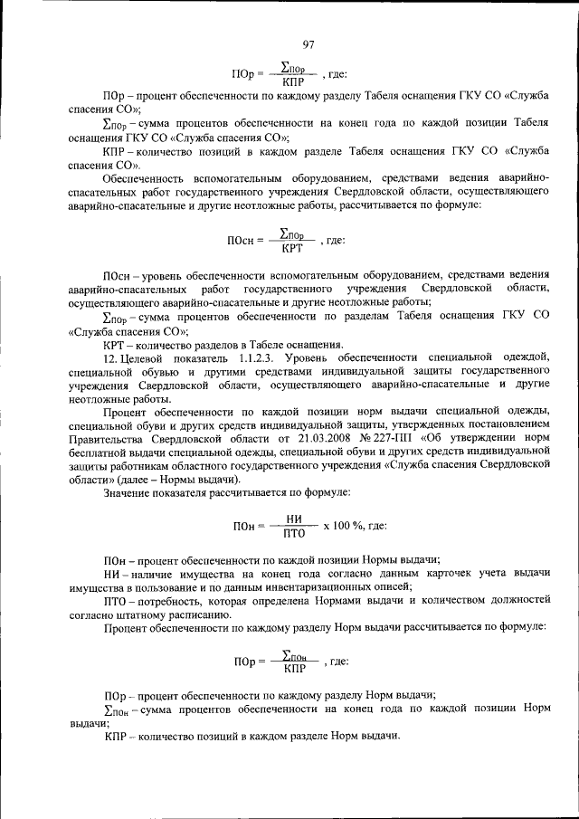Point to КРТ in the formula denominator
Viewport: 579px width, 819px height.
290,248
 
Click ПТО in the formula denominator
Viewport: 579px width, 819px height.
293,532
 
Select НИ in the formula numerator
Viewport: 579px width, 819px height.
293,519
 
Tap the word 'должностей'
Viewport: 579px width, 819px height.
517,600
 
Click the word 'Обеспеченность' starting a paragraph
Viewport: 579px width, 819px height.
147,179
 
